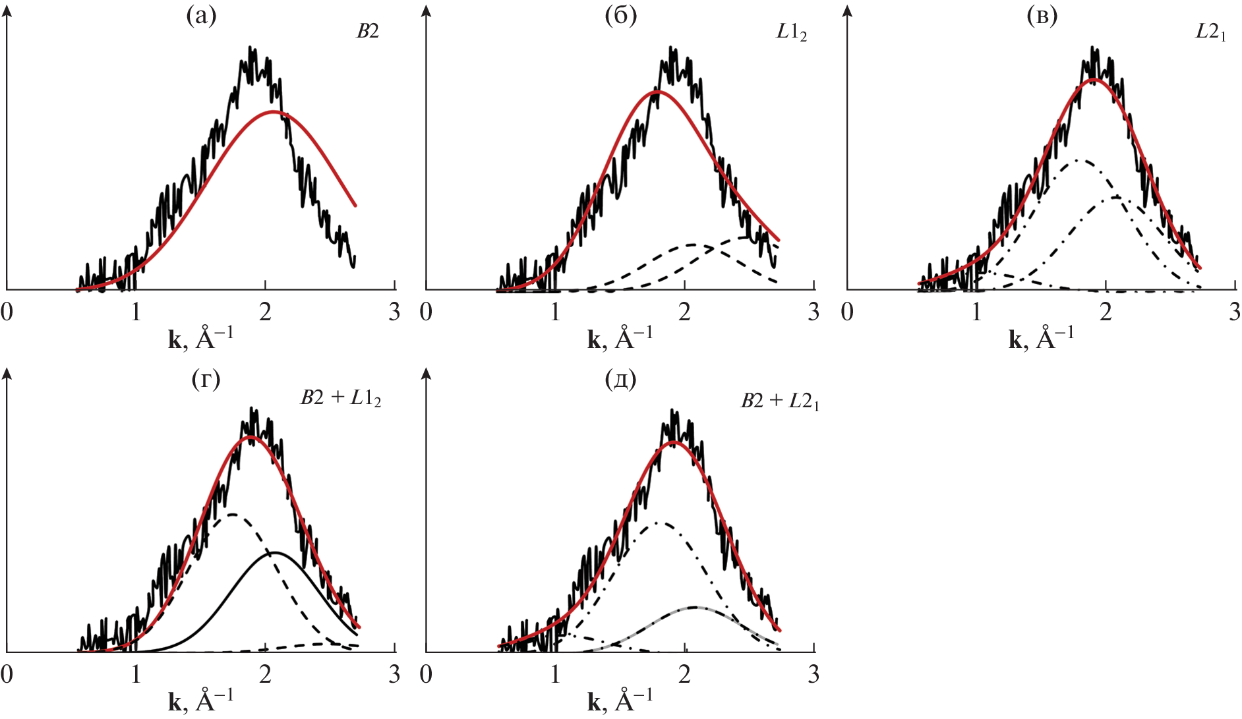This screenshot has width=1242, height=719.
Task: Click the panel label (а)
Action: [x=201, y=16]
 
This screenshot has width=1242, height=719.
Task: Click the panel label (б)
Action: [x=621, y=16]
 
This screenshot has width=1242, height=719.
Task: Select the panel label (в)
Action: [x=1042, y=16]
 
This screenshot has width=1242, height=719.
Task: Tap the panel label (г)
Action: [x=205, y=380]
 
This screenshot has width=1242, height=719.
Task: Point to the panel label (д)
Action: [x=621, y=380]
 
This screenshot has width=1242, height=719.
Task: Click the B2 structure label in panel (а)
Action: [x=367, y=31]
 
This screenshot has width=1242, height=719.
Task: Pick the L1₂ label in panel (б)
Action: [x=791, y=32]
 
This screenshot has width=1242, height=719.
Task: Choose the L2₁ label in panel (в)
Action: [x=1210, y=32]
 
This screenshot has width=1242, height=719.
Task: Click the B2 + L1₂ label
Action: [x=341, y=398]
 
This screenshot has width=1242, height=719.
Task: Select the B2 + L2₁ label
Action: [x=780, y=401]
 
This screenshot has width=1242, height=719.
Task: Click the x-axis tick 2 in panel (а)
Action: [x=265, y=312]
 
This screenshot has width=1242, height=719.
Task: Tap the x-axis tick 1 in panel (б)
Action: [x=555, y=312]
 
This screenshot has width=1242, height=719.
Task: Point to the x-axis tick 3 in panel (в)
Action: [x=1234, y=312]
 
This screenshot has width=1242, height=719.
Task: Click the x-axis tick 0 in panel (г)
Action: [x=7, y=674]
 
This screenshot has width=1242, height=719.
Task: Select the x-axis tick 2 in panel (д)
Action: [x=684, y=674]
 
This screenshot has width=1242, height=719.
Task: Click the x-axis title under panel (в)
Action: [x=1041, y=337]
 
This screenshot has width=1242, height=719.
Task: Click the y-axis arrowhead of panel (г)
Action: [x=7, y=374]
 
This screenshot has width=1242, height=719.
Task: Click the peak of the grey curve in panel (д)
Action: [x=694, y=607]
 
